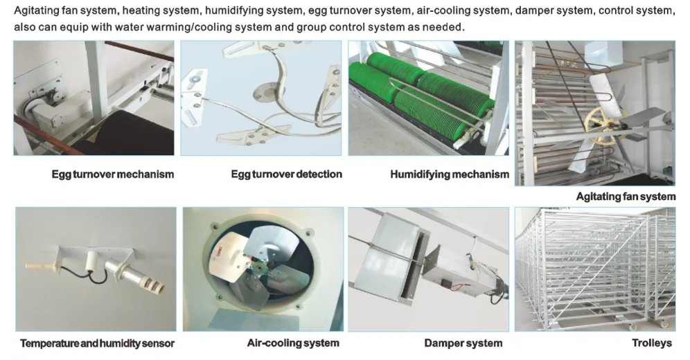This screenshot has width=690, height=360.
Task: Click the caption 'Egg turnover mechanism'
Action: tap(113, 174)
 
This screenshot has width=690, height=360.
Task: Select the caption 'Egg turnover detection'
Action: tap(287, 174)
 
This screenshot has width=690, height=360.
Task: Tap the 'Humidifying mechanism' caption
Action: tap(450, 175)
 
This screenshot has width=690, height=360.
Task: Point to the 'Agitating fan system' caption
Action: tap(626, 197)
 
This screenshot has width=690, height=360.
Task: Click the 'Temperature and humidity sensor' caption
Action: tap(97, 344)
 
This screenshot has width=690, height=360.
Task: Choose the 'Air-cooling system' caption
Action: tap(293, 343)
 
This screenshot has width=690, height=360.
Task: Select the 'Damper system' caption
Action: tap(463, 343)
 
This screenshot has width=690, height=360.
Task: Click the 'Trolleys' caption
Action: tap(652, 343)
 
